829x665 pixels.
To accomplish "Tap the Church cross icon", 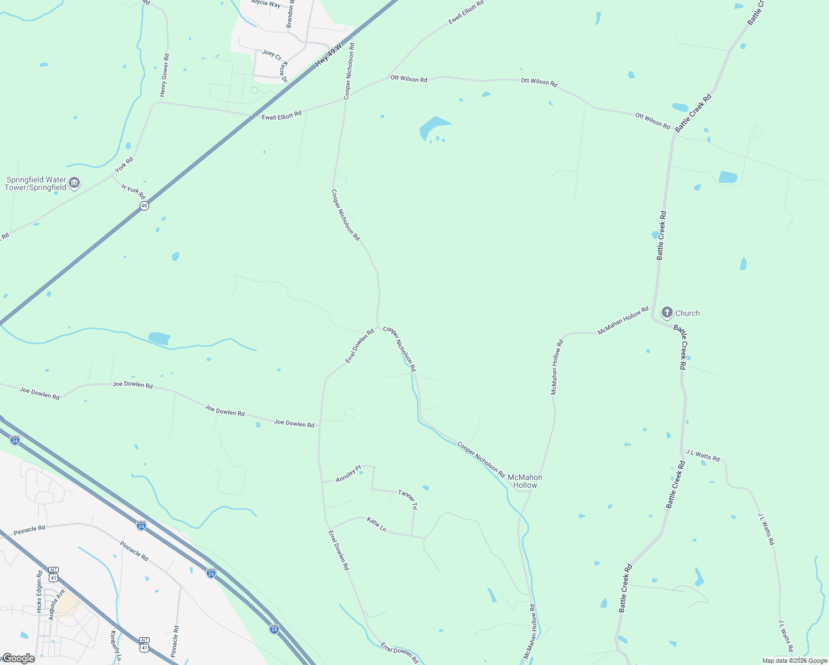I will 667,313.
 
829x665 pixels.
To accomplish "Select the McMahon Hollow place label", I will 525,481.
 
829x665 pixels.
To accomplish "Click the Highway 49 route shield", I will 144,206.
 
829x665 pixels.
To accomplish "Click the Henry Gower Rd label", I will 164,75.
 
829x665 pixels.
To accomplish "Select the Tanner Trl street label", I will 407,499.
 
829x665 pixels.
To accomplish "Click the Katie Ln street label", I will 377,524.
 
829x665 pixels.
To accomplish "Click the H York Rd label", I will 133,192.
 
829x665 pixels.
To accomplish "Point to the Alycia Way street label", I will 266,3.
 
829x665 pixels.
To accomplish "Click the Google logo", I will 18,658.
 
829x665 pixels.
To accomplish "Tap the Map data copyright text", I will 795,661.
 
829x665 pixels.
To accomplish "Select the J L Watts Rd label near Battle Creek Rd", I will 703,456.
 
